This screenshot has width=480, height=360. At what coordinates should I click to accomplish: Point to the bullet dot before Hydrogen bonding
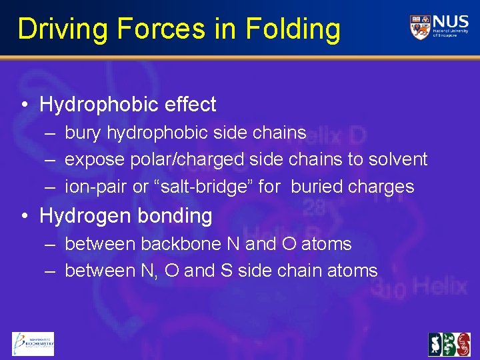24,216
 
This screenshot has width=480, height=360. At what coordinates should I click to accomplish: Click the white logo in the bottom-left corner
33,344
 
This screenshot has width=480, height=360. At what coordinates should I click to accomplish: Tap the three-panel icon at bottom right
449,344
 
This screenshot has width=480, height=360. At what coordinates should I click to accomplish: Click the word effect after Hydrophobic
193,105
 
